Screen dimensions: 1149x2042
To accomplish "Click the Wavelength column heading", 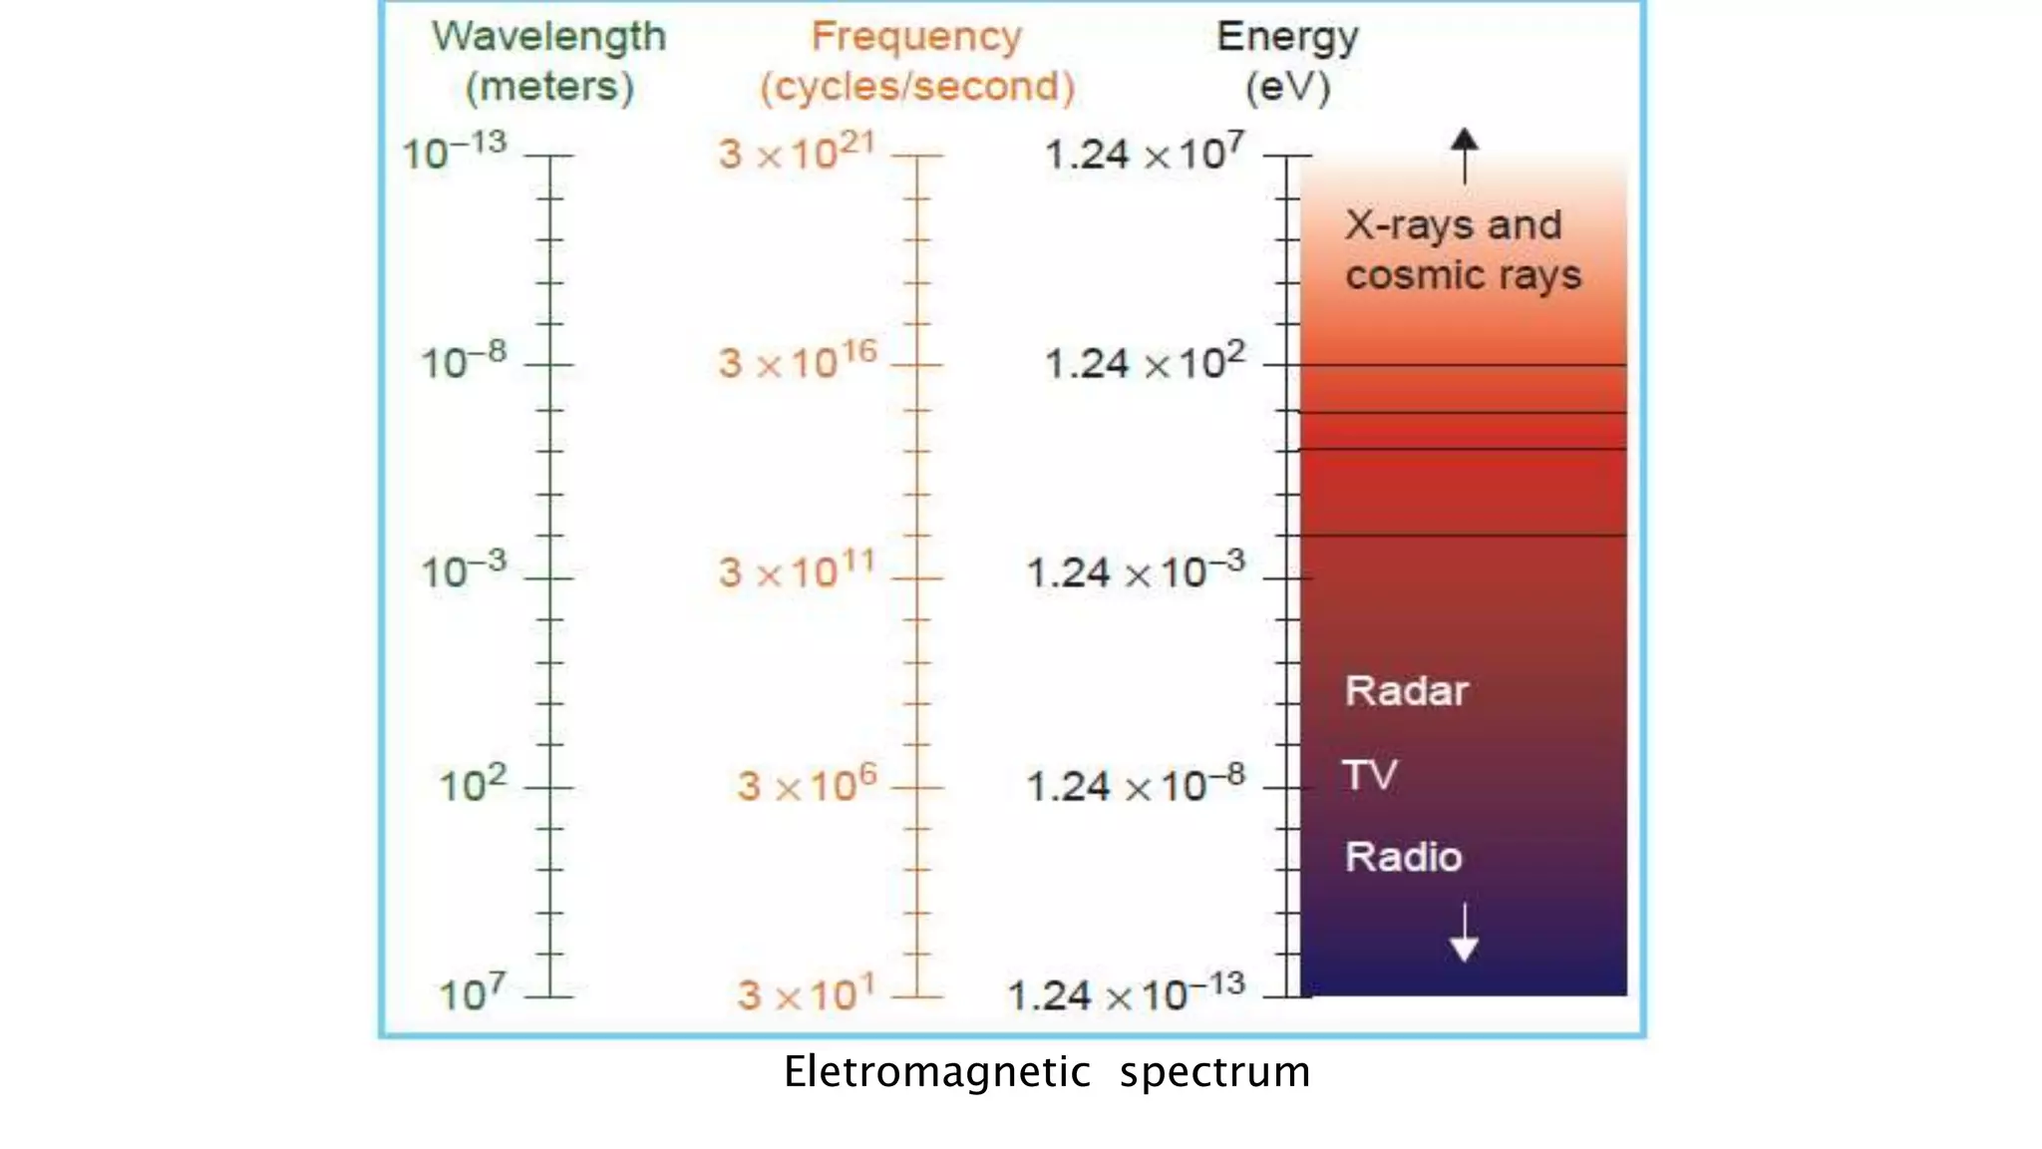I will (x=548, y=38).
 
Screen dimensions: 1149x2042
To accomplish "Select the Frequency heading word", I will (x=916, y=38).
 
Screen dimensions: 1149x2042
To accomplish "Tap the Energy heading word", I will (x=1287, y=38).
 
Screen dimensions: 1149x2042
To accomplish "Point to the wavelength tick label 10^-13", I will (x=455, y=152).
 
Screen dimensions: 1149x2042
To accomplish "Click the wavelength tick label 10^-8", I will (x=464, y=361).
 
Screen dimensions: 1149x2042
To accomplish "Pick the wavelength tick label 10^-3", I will (x=464, y=571).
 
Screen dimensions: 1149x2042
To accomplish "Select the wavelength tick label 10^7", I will (x=473, y=993).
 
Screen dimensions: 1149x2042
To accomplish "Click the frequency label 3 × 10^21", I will (x=797, y=152).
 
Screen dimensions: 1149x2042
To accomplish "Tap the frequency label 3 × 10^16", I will (x=798, y=361).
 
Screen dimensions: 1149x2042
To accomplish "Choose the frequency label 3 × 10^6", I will (x=807, y=784).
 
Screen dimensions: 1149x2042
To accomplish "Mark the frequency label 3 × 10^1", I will (x=806, y=993).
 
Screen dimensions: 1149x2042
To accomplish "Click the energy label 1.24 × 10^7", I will (x=1145, y=153).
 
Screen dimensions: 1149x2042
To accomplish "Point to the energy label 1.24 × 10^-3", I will (x=1136, y=571).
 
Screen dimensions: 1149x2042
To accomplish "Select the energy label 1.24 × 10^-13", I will (x=1127, y=993).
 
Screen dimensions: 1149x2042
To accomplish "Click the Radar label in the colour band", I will (x=1406, y=691).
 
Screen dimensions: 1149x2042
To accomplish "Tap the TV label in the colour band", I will (x=1370, y=775).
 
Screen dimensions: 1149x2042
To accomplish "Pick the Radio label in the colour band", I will (x=1403, y=857).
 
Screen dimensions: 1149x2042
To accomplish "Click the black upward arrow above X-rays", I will (x=1464, y=155).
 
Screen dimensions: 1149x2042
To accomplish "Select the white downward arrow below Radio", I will (x=1464, y=934).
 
